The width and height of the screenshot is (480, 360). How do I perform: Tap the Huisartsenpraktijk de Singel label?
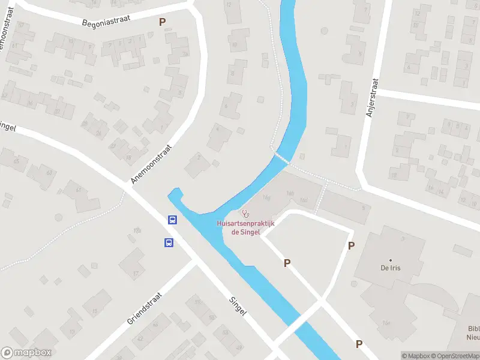(245, 228)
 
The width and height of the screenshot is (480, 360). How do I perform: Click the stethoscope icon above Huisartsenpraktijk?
(245, 214)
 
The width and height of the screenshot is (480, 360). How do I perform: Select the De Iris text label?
(390, 268)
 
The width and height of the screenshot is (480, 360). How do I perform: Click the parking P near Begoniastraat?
(162, 22)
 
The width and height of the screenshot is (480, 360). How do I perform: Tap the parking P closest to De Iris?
(351, 245)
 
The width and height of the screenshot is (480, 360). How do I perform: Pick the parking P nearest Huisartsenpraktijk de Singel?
(287, 263)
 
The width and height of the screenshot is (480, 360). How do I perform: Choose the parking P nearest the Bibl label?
(359, 344)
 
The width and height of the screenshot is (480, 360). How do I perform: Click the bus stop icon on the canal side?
(172, 220)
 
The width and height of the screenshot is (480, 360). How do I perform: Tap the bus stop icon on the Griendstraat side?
(169, 243)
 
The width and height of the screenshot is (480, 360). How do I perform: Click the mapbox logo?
(26, 352)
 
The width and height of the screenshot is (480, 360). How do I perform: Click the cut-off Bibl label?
(473, 332)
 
